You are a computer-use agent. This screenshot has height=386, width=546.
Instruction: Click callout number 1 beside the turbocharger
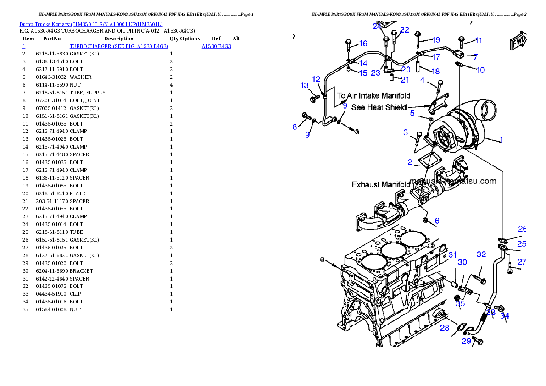click(501, 139)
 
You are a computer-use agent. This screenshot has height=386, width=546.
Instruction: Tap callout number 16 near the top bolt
click(363, 44)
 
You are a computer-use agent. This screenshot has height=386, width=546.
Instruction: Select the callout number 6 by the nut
click(437, 221)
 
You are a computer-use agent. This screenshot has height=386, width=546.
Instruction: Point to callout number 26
click(522, 229)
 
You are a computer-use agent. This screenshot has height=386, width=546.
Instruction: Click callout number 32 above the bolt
click(481, 254)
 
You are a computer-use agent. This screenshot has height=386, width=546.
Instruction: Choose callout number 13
click(305, 85)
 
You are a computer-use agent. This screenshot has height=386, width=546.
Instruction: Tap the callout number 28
click(444, 328)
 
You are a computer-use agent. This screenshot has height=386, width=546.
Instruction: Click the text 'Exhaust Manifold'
click(381, 184)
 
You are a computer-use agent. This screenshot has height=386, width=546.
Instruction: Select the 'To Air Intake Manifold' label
click(374, 95)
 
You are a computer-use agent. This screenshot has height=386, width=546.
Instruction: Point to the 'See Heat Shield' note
click(379, 107)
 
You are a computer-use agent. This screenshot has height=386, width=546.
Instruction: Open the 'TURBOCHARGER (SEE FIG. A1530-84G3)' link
click(118, 46)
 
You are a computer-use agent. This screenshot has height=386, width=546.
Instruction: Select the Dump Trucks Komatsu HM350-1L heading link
click(91, 24)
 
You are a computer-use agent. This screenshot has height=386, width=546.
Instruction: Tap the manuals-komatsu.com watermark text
click(452, 181)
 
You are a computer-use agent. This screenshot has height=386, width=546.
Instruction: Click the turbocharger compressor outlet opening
click(489, 110)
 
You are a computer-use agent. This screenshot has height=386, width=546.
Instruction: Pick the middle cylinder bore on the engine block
click(393, 250)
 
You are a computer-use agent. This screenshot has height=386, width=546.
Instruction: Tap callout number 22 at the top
click(404, 30)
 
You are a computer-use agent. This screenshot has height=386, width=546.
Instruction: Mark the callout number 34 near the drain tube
click(505, 316)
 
